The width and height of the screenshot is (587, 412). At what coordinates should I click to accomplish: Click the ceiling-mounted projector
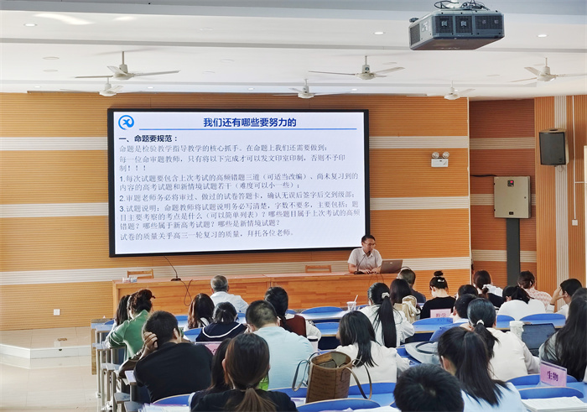tap(455, 29)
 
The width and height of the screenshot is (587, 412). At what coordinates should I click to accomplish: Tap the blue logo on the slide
tap(127, 123)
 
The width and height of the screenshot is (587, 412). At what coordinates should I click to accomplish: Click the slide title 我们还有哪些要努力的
tap(249, 123)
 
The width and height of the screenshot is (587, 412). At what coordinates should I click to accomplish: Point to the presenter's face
tap(366, 243)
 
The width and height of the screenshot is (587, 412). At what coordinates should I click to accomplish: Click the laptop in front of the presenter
tap(391, 266)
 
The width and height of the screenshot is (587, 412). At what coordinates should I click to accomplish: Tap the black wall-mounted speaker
tap(552, 148)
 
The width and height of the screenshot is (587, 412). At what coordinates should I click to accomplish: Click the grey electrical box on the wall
tap(512, 197)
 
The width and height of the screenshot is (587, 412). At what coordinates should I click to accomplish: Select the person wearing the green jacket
tap(131, 323)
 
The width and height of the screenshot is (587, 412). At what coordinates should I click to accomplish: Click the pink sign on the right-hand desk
tap(552, 373)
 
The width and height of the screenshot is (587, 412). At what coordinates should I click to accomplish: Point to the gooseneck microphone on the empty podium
tap(171, 268)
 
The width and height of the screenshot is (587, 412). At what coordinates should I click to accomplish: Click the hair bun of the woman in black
tap(437, 276)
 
